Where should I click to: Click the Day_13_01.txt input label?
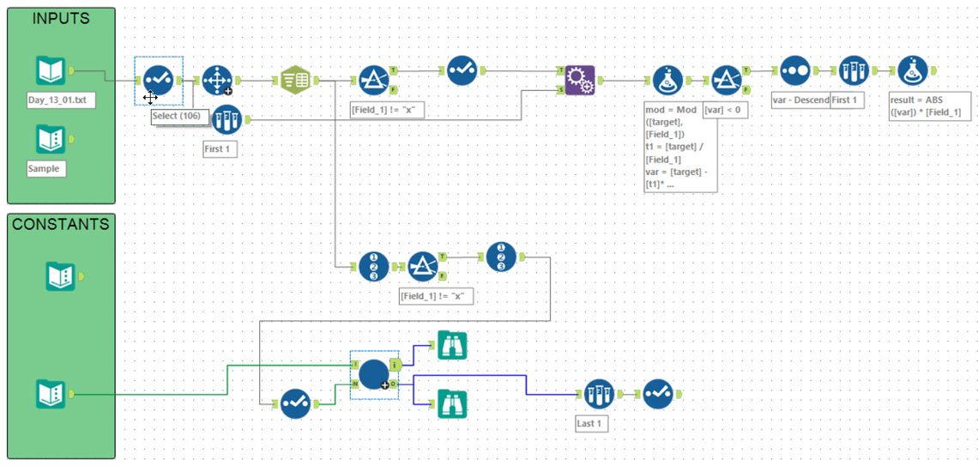pyautogui.click(x=60, y=100)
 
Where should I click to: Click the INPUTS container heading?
pyautogui.click(x=61, y=18)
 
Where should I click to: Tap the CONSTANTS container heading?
pyautogui.click(x=61, y=224)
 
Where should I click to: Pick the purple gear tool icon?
pyautogui.click(x=580, y=81)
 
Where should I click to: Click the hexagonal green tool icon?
pyautogui.click(x=296, y=81)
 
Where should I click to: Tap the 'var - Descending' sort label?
pyautogui.click(x=800, y=100)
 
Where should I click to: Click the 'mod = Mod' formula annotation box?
pyautogui.click(x=680, y=147)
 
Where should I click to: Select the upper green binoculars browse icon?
pyautogui.click(x=452, y=345)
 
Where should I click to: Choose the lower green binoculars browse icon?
pyautogui.click(x=452, y=402)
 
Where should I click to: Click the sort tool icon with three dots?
pyautogui.click(x=795, y=70)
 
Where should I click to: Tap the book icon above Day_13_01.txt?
pyautogui.click(x=51, y=71)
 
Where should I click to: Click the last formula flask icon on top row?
pyautogui.click(x=912, y=70)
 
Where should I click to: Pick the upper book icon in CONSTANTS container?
pyautogui.click(x=60, y=276)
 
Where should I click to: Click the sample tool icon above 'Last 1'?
pyautogui.click(x=600, y=395)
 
